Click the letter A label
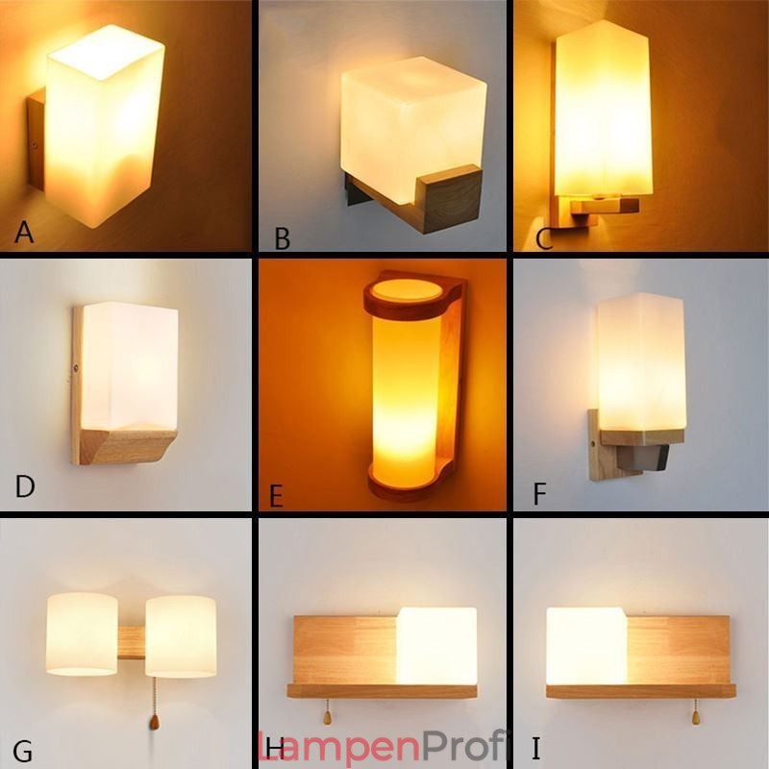click(x=24, y=232)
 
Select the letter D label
click(x=25, y=487)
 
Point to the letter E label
click(x=276, y=496)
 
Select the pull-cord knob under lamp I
click(x=694, y=718)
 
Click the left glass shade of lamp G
click(x=82, y=633)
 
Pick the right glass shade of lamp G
click(x=181, y=635)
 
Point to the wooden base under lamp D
click(x=122, y=445)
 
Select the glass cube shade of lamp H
click(x=436, y=645)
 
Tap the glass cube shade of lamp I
click(x=585, y=645)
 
